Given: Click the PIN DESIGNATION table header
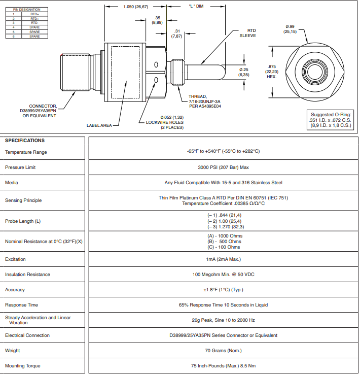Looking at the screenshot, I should point(27,10).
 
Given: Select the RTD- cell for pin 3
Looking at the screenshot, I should point(34,23).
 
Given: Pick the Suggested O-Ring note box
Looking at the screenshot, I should point(331,119).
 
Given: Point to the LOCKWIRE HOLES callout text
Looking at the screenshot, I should point(165,122).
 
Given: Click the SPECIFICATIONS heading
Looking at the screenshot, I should point(25,141).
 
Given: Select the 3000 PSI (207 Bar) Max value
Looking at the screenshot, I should point(223,167).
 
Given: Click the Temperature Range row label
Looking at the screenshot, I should point(27,152).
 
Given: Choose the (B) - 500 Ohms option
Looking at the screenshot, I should point(223,242).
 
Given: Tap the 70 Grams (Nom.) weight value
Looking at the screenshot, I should point(223,351).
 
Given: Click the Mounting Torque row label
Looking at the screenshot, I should point(22,366).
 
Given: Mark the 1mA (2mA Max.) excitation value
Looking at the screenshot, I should point(223,259).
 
